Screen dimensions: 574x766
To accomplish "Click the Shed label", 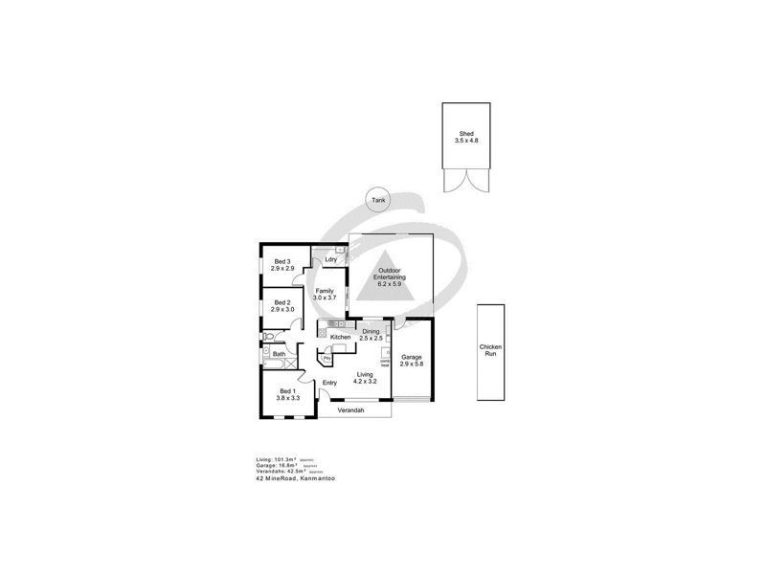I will point(465,134).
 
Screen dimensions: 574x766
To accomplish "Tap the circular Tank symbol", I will point(376,200).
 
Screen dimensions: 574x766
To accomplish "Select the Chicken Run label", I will point(490,350).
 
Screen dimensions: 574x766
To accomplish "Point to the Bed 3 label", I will point(282,261).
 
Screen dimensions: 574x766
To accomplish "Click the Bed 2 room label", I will point(282,302).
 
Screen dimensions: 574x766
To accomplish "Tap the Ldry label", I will point(330,259).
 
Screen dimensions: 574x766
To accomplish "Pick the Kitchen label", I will point(340,338).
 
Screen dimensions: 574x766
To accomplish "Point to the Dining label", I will point(371,331).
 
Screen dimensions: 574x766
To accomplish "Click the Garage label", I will point(412,357).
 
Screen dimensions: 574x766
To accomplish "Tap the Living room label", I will point(365,374).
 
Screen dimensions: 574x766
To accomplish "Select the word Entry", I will point(329,384).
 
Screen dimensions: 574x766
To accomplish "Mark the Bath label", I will point(279,355).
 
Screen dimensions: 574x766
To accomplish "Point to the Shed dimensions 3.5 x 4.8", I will point(465,141).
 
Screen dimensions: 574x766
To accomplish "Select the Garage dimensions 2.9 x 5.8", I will point(412,364).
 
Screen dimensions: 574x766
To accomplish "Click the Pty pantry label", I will point(327,357).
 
